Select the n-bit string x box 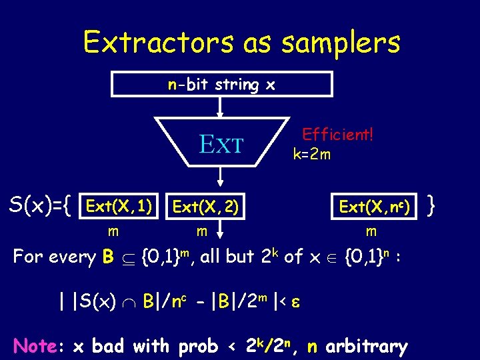(221, 85)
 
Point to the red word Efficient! (337, 134)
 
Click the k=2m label (312, 154)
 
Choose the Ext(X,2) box (205, 207)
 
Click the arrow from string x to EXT (221, 107)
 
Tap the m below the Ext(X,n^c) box (371, 231)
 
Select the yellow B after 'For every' (109, 257)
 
